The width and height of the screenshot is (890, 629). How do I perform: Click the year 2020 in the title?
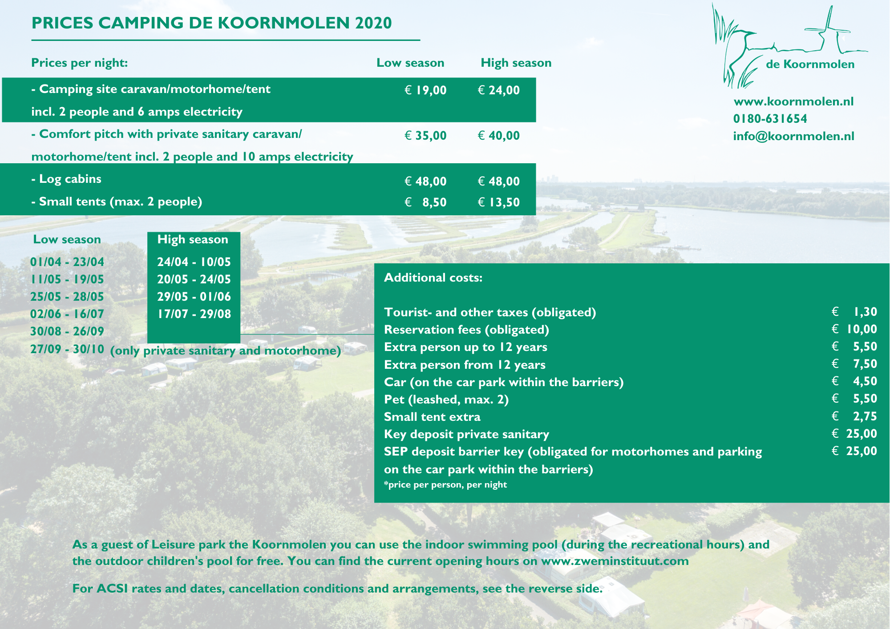coord(373,23)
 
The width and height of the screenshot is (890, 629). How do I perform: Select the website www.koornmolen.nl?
coord(793,101)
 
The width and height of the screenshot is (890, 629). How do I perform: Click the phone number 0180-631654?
coord(770,119)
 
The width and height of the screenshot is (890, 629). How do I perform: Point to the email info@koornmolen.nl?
coord(793,136)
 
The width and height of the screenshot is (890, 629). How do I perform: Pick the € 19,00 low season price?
coord(425,90)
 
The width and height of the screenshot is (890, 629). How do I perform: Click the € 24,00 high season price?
coord(498,90)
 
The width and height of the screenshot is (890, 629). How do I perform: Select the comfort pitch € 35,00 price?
coord(425,136)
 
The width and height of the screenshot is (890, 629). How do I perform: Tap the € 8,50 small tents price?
coord(425,202)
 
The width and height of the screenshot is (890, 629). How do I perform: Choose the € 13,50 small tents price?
coord(498,202)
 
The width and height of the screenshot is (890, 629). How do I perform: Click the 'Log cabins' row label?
coord(66,179)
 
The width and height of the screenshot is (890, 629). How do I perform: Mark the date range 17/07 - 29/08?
coord(194,314)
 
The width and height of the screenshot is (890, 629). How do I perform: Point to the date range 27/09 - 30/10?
coord(67,349)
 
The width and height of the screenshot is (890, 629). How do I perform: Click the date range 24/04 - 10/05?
coord(194,262)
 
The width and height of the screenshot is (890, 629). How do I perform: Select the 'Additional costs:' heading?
coord(433,278)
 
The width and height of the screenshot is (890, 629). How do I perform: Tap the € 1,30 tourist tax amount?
coord(854,312)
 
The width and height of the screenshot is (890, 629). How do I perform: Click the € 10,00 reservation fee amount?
coord(854,329)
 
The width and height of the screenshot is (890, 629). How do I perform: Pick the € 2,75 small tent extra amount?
coord(854,416)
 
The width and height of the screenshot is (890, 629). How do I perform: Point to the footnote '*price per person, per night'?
coord(445,484)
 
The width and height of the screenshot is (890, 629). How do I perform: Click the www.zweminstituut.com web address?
coord(615,561)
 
